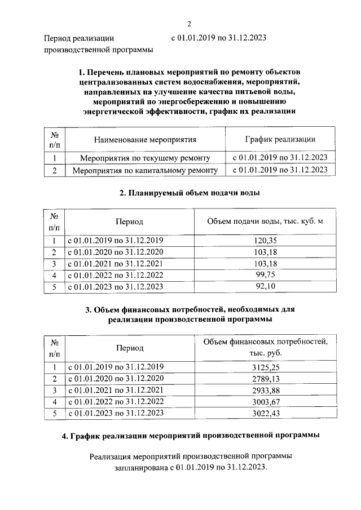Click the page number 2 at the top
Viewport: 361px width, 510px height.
click(190, 24)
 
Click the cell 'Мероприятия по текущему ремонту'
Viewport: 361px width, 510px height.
click(145, 158)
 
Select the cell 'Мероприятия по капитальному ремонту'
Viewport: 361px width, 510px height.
click(145, 170)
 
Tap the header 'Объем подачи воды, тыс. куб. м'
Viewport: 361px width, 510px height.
click(265, 221)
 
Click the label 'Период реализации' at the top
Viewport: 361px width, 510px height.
click(79, 38)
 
